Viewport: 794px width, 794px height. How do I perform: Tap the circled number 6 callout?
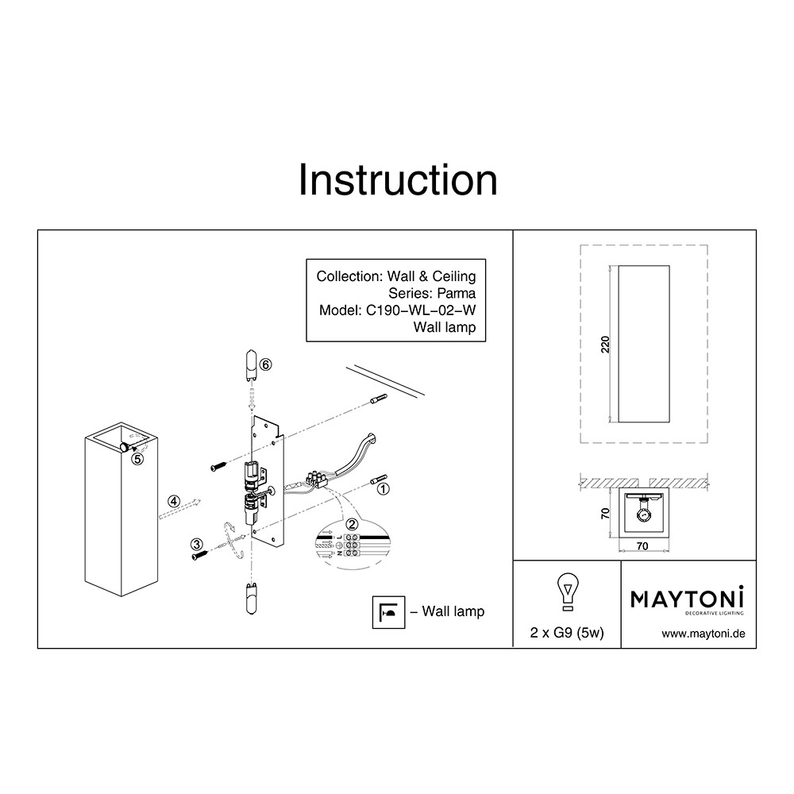[x=266, y=364]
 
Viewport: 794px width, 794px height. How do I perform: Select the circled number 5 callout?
[x=137, y=459]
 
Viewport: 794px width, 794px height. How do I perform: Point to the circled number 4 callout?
[x=174, y=501]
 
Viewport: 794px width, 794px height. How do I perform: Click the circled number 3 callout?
[x=196, y=545]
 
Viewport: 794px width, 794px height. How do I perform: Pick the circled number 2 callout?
[x=352, y=525]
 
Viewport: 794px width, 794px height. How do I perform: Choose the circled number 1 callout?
[x=384, y=489]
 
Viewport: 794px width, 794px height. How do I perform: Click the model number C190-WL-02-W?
[x=421, y=310]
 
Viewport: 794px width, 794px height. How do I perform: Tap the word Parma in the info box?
[x=457, y=293]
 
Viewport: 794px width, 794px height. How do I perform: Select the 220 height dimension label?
[x=605, y=345]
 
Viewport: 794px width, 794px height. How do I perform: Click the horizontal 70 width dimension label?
[x=642, y=546]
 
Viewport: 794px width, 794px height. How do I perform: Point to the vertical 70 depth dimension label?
[x=605, y=514]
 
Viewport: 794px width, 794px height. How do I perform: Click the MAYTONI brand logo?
[x=687, y=600]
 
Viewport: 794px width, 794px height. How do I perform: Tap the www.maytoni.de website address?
[x=703, y=634]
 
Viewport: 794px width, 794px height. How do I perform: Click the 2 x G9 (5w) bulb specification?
[x=567, y=633]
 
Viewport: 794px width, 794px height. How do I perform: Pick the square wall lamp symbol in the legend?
[x=388, y=612]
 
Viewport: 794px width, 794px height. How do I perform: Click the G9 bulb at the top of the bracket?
[x=252, y=365]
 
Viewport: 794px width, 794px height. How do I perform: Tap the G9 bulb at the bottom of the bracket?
[x=251, y=599]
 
